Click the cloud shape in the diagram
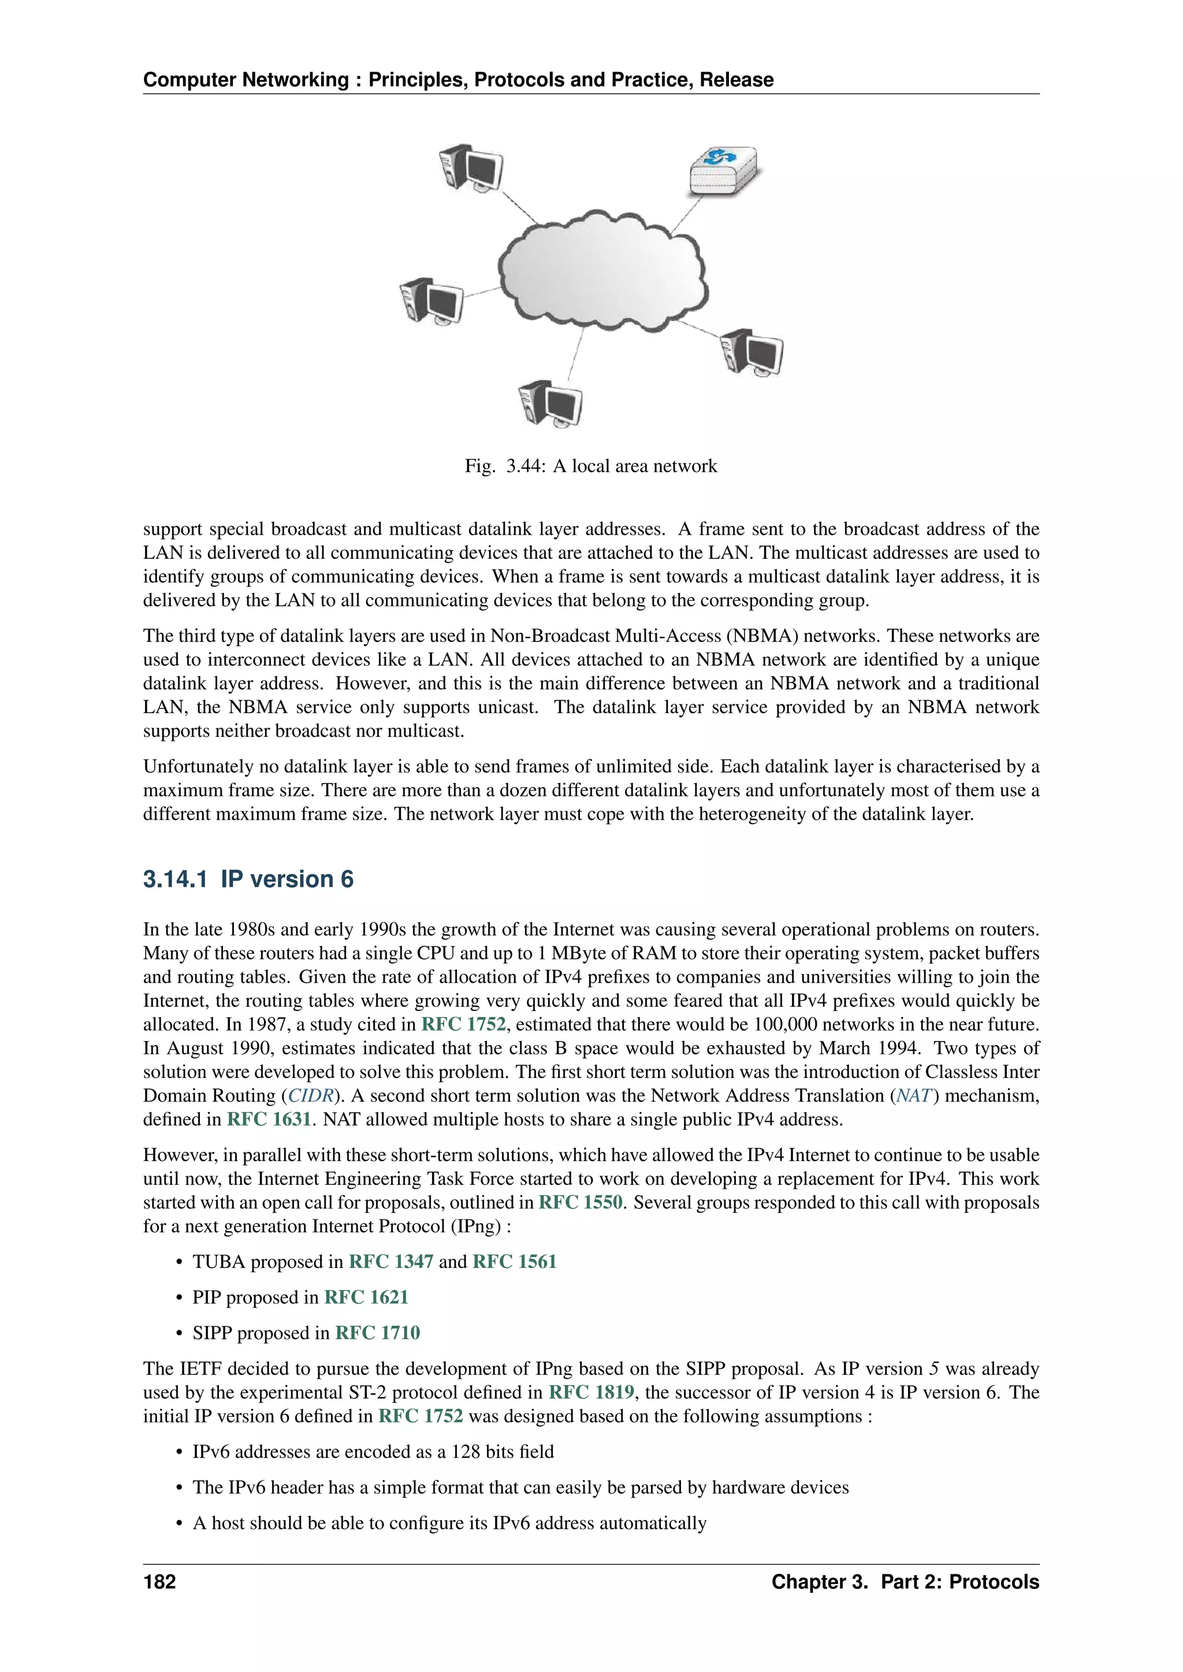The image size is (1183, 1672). [x=602, y=270]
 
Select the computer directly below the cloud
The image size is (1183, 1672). [x=550, y=404]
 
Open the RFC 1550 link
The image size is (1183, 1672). [x=581, y=1202]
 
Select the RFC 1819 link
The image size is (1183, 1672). [x=591, y=1393]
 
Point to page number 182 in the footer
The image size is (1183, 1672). [x=159, y=1582]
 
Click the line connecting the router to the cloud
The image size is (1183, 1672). [x=686, y=214]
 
